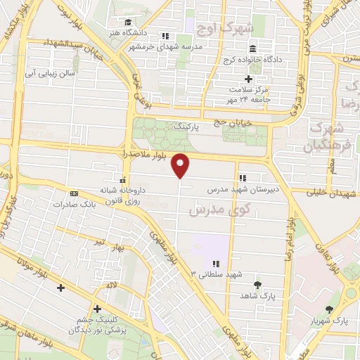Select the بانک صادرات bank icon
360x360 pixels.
pos(74,193)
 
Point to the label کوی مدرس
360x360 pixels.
pos(210,209)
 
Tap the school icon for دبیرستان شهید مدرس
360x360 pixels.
pos(242,179)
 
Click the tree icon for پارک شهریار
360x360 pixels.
pos(328,309)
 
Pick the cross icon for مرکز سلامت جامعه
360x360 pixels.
pos(247,79)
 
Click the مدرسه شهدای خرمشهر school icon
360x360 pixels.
pos(165,35)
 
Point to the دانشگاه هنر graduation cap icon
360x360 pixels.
pos(127,21)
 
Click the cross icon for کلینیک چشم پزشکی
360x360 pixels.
pos(96,308)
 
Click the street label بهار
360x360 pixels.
pos(126,247)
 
